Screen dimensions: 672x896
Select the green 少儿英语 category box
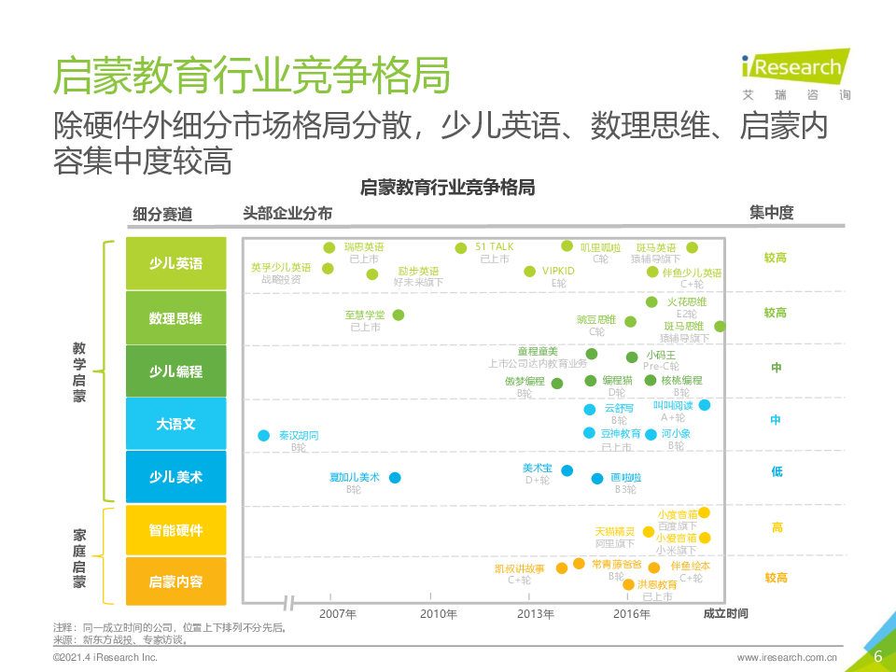(x=175, y=264)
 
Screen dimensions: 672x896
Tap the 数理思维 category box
(x=175, y=318)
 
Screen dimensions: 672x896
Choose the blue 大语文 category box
(x=175, y=424)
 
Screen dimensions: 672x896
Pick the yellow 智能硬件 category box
(x=175, y=530)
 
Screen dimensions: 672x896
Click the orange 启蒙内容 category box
(x=175, y=582)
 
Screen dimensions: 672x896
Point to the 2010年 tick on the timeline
(x=438, y=613)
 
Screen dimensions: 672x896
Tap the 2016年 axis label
(x=632, y=613)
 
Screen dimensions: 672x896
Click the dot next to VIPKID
(x=532, y=272)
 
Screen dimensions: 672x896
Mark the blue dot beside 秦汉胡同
(x=264, y=436)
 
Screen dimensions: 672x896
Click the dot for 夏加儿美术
(x=395, y=478)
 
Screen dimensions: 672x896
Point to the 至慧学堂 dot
(x=399, y=315)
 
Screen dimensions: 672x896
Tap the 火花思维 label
(x=686, y=302)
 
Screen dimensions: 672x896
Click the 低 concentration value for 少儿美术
(x=777, y=472)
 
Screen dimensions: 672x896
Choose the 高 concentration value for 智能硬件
(x=777, y=528)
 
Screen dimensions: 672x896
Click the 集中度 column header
(x=771, y=213)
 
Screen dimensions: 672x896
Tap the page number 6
(x=877, y=656)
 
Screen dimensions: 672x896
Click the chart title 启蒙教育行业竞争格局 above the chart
(x=447, y=188)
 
